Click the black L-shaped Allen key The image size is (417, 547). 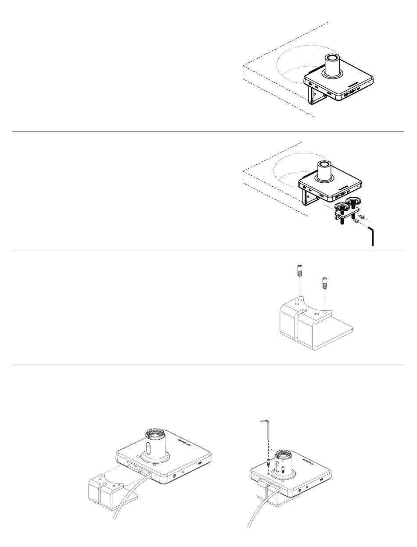(x=372, y=236)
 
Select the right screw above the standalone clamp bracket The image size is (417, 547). (x=324, y=284)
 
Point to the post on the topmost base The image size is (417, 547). (x=332, y=66)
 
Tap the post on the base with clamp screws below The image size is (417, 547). (x=325, y=171)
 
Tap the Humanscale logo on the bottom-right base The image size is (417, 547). (x=310, y=462)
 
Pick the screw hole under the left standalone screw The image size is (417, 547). (x=299, y=301)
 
